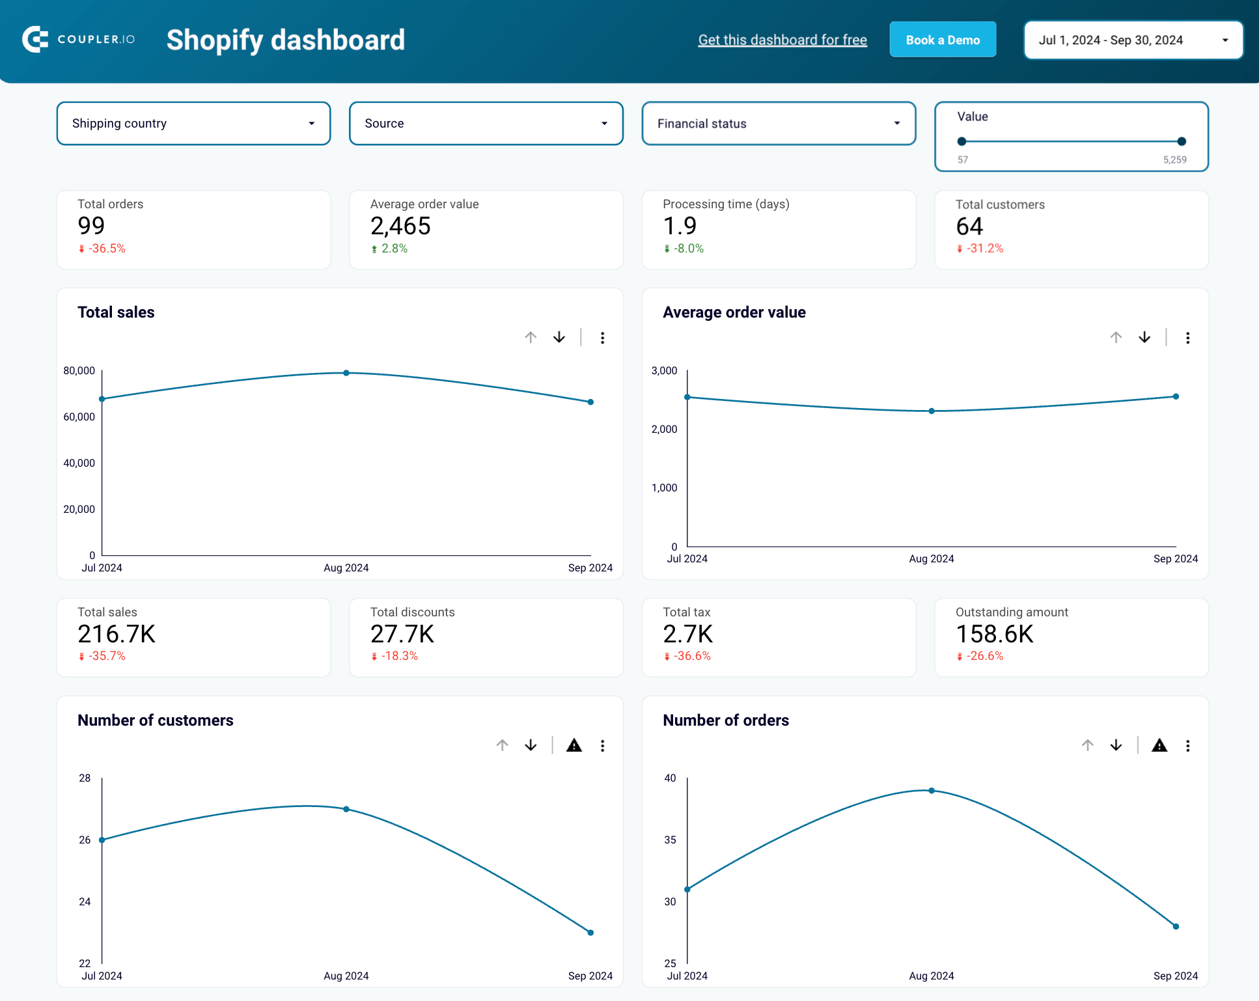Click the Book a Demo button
[942, 40]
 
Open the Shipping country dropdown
[193, 123]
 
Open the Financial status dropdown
[778, 123]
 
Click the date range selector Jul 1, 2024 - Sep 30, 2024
[1133, 40]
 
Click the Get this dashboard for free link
[782, 40]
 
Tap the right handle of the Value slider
[1181, 141]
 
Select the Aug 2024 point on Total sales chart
[346, 373]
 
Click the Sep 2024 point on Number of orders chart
[1175, 926]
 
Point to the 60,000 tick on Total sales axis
[79, 417]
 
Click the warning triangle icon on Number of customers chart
[574, 745]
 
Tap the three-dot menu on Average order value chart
[1187, 338]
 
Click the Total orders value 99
[91, 226]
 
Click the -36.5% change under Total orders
[106, 249]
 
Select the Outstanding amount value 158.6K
[994, 634]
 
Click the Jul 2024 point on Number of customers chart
[102, 840]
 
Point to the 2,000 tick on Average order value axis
[664, 429]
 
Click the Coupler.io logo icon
[35, 40]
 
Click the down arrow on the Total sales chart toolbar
[559, 337]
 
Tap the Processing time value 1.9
[679, 226]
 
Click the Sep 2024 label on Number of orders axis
[1175, 976]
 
